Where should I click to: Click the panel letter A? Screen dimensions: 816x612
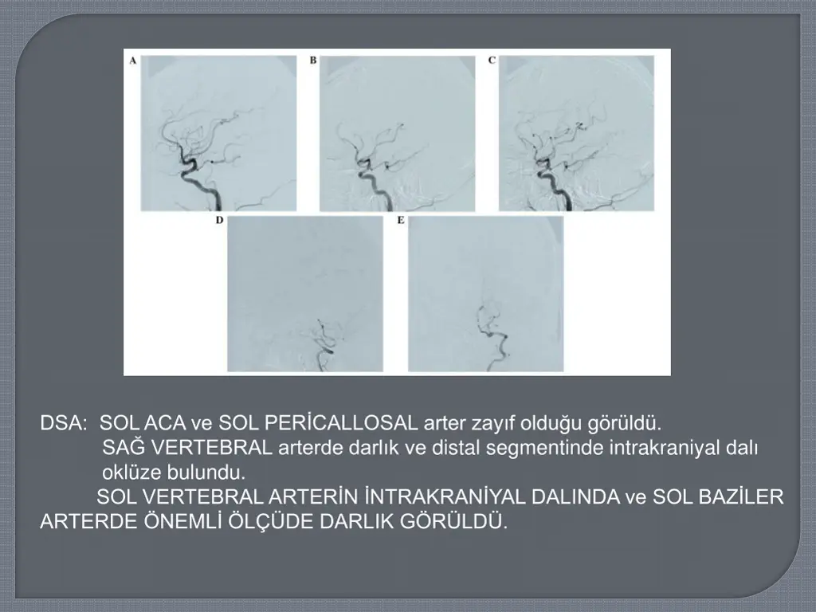point(133,61)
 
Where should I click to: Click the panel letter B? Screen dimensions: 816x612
point(312,61)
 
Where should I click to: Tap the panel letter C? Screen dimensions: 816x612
point(492,61)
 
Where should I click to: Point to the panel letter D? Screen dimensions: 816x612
point(220,220)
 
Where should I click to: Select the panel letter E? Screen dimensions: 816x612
point(401,220)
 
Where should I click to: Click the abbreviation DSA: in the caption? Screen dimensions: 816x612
point(64,423)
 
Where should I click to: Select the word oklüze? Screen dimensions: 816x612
point(131,473)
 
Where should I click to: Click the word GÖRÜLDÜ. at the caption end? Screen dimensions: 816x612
point(453,521)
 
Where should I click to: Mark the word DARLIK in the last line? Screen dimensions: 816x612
point(356,521)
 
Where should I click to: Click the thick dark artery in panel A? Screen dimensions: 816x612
point(198,182)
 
